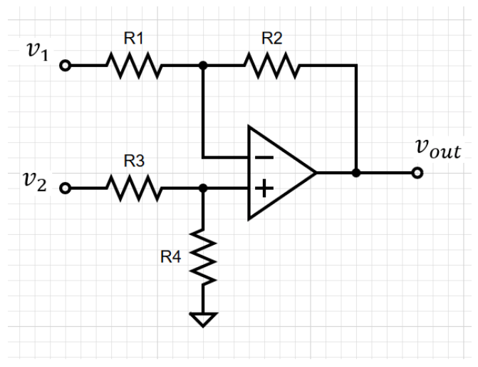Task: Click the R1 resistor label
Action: click(135, 40)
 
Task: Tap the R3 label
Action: click(135, 162)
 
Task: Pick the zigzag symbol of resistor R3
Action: click(135, 188)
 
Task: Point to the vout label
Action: click(437, 151)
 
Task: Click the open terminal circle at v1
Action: click(66, 66)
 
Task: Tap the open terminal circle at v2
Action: click(66, 188)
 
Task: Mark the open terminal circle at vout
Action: click(417, 173)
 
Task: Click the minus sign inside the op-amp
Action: click(264, 156)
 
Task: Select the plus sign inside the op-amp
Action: click(264, 188)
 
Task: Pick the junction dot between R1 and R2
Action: click(204, 66)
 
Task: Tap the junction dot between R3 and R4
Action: click(204, 188)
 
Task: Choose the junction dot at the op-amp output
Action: click(356, 173)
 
